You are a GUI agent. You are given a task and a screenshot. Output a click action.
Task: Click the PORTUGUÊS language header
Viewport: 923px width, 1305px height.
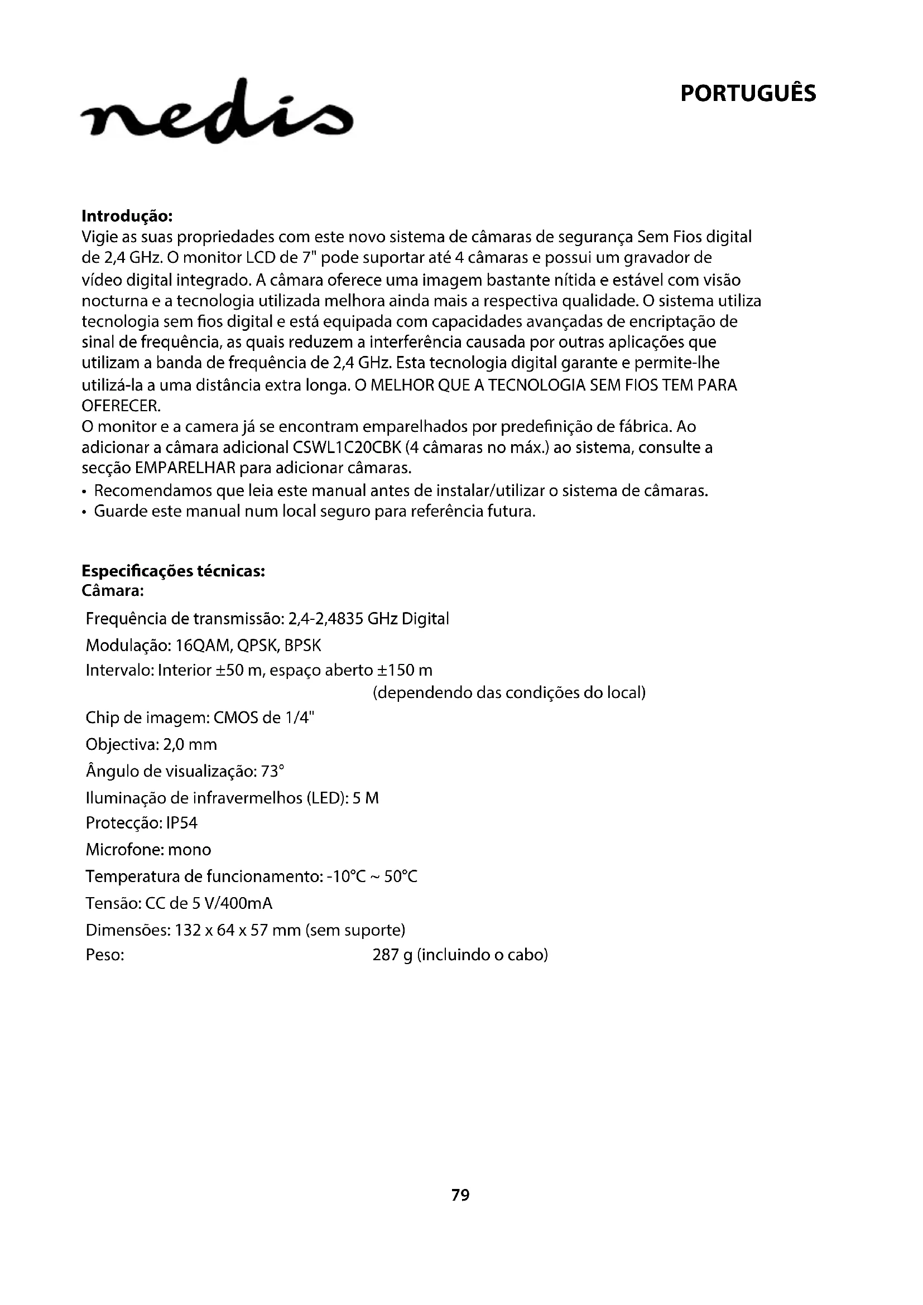[x=747, y=94]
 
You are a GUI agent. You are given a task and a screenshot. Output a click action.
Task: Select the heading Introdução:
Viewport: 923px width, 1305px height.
[x=127, y=216]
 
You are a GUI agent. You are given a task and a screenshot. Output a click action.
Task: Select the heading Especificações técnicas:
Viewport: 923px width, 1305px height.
[x=174, y=571]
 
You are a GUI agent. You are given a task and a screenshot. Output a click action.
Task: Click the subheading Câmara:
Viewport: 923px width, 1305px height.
[x=113, y=591]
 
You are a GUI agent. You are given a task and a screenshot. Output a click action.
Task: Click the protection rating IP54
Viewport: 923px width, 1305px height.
[x=182, y=823]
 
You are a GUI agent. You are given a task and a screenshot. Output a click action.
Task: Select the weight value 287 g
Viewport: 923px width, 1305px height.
[x=392, y=955]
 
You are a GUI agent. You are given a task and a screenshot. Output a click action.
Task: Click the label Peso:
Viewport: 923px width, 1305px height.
[x=105, y=955]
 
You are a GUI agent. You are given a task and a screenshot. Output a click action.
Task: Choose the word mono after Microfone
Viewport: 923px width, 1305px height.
[x=189, y=850]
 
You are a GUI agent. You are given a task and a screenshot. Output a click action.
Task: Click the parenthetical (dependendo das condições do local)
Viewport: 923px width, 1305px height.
[x=509, y=694]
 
